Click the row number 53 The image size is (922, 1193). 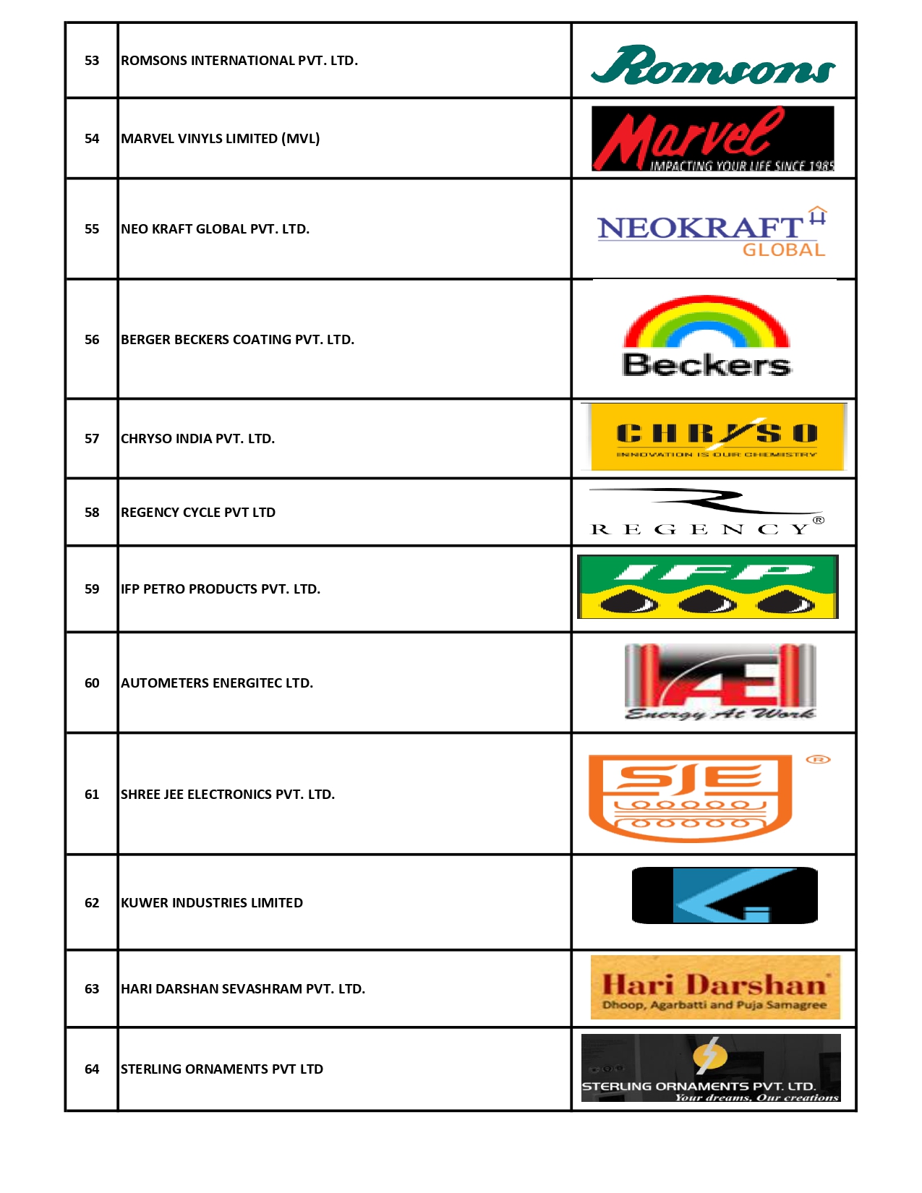tap(92, 61)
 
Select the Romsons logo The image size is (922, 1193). tap(713, 65)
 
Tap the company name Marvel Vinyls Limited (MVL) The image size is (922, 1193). tap(220, 139)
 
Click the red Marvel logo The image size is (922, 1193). tap(712, 139)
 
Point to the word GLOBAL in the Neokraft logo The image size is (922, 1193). tap(784, 250)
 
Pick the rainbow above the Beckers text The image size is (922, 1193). tap(707, 322)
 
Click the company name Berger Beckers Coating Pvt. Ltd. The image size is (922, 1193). tap(237, 340)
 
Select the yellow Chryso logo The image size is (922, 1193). tap(717, 437)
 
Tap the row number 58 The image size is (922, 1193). tap(92, 513)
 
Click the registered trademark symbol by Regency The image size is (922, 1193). tap(819, 520)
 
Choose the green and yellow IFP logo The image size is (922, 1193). tap(708, 587)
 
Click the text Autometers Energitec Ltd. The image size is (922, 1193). tap(217, 683)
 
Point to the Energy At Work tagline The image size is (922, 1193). tap(720, 714)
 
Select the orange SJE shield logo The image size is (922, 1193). tap(691, 798)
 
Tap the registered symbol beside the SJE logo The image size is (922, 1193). tap(819, 759)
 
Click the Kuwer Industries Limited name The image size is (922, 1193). tap(212, 903)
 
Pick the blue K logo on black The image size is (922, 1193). tap(725, 896)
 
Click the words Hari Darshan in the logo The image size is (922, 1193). tap(714, 984)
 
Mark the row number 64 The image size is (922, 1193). tap(92, 1069)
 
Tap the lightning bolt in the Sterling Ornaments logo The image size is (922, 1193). tap(710, 1054)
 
